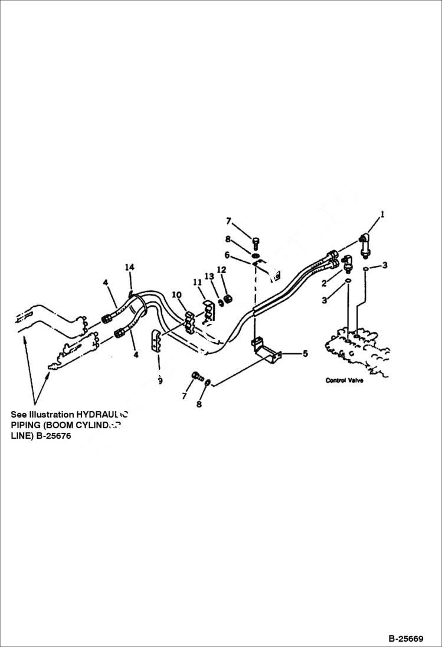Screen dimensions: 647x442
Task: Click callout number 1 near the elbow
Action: [x=382, y=215]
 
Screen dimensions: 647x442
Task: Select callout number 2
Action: [x=324, y=284]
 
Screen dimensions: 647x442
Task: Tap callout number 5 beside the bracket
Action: [x=305, y=354]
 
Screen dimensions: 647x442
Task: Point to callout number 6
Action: [x=227, y=255]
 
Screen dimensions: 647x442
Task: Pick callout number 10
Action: [x=176, y=294]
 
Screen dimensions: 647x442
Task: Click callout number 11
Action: [x=195, y=283]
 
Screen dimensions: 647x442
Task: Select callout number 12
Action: [x=221, y=270]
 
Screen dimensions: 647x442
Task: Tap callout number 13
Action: [x=208, y=276]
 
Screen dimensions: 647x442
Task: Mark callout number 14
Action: [x=129, y=268]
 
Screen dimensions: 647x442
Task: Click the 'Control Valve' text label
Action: [x=344, y=380]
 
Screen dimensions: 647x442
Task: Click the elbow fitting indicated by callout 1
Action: [x=364, y=243]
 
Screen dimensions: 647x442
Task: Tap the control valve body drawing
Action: [x=354, y=351]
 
